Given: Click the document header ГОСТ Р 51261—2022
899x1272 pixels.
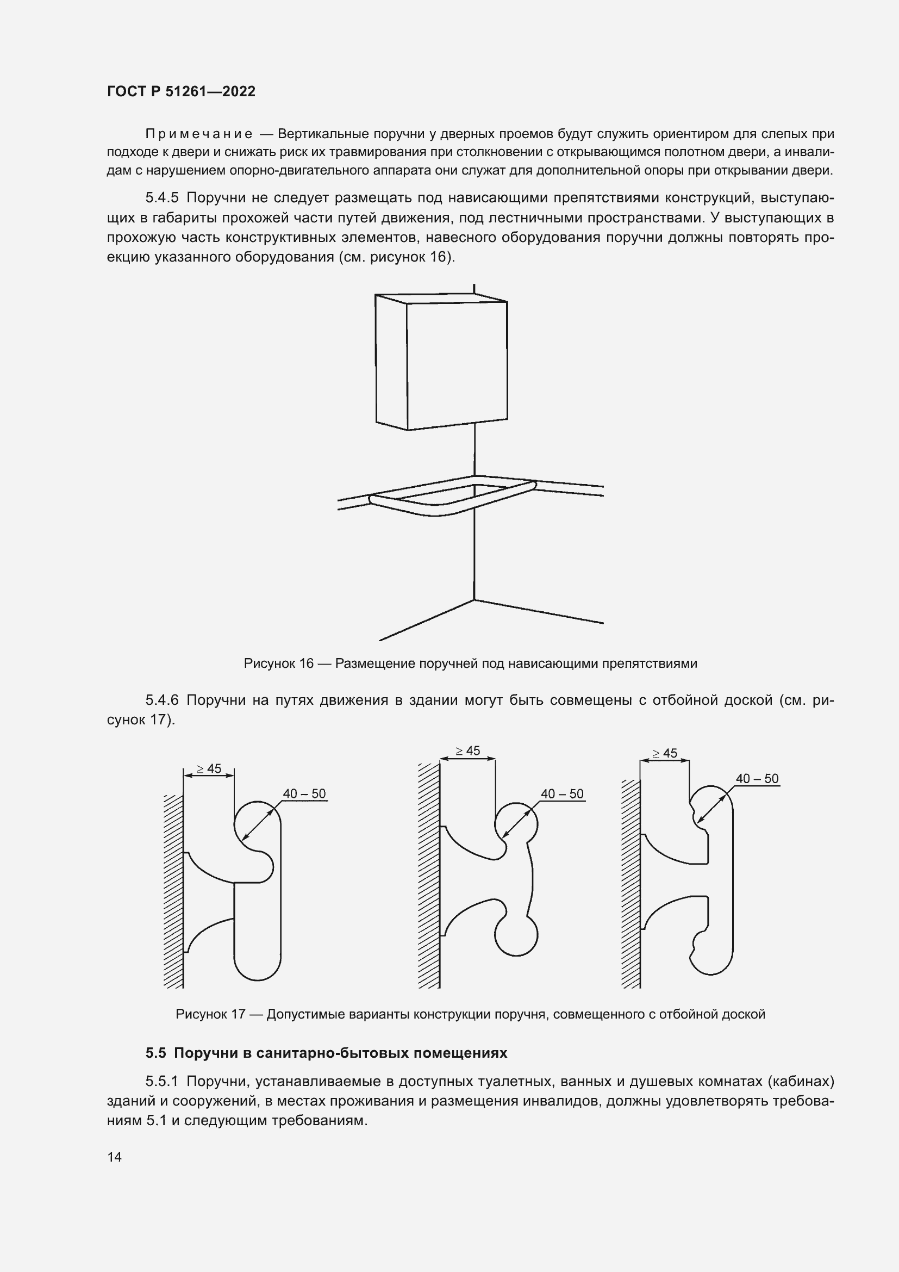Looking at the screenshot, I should pos(181,91).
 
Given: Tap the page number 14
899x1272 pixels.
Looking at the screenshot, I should pos(115,1157).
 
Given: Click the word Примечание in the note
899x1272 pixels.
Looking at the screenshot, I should pos(199,134).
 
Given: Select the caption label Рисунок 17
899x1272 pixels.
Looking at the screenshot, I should pos(210,1014).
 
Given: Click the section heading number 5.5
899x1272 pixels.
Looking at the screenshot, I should pos(156,1053).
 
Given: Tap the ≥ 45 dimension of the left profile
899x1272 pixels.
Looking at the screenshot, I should pos(209,769).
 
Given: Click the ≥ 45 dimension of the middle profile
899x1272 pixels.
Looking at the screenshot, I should pos(468,751).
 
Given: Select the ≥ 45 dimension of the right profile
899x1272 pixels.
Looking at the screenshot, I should pos(665,753).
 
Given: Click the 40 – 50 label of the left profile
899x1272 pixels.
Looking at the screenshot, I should pos(304,794).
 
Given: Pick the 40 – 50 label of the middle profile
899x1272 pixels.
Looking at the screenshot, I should pos(563,794).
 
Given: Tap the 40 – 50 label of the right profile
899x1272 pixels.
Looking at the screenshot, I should pos(757,778).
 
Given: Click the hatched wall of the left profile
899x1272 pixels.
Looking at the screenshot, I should pos(174,892).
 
